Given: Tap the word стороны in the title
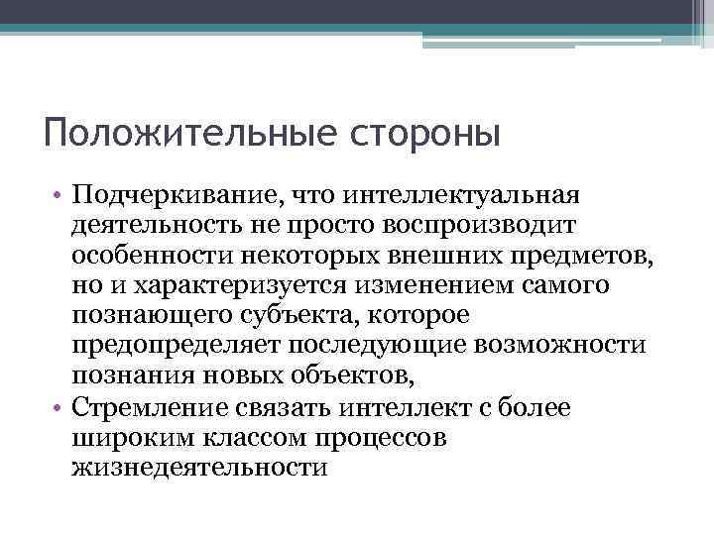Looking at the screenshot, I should tap(427, 133).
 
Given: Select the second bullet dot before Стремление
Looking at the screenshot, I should tap(60, 408).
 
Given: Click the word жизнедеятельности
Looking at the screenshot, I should tap(198, 468).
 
